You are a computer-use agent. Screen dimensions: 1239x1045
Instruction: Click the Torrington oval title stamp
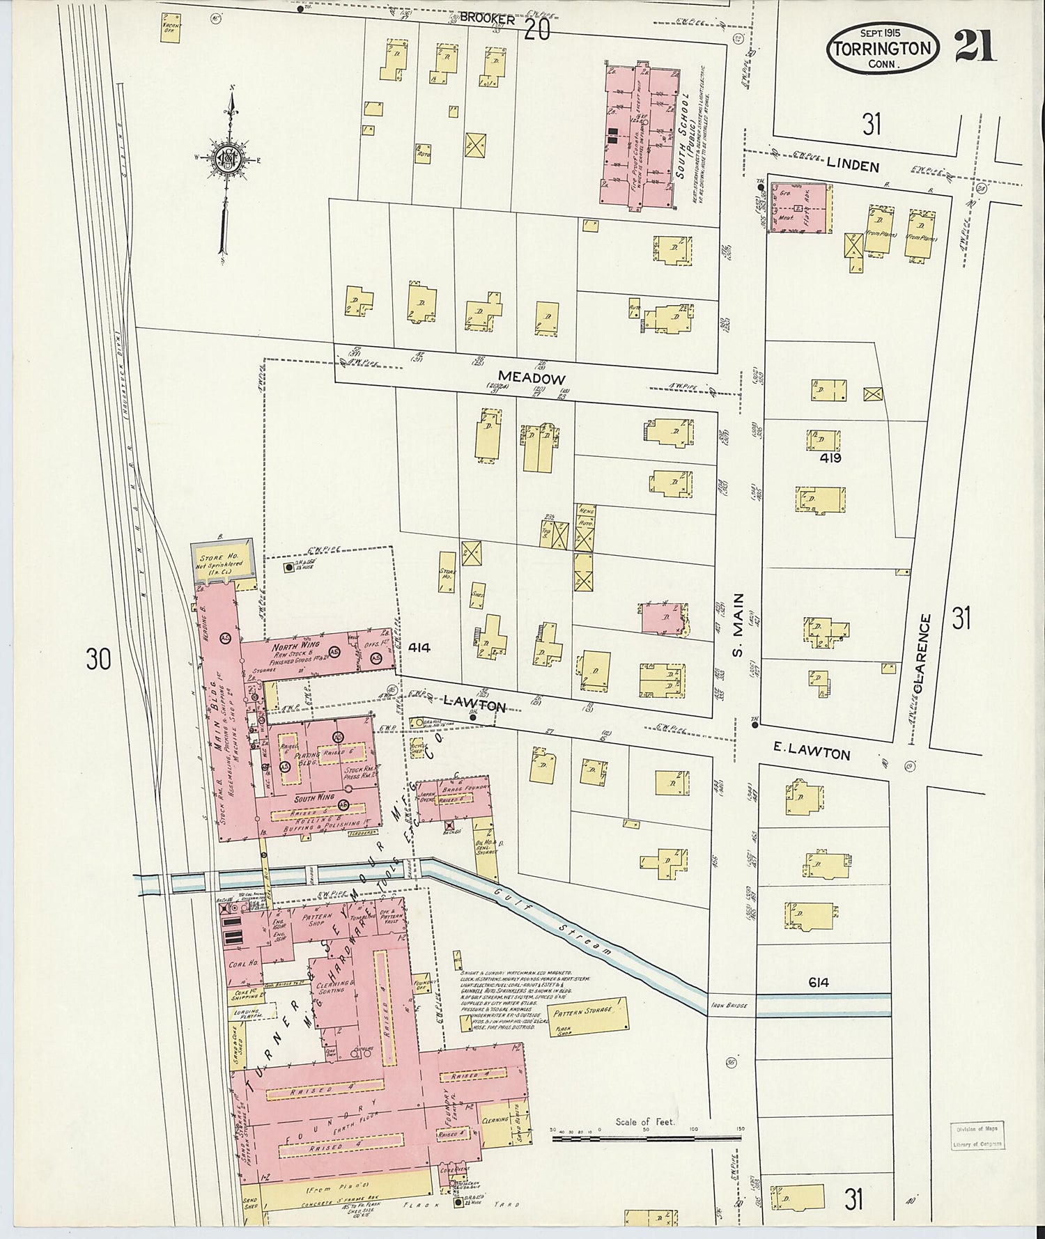(x=882, y=48)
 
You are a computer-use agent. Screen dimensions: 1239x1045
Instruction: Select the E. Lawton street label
(x=812, y=754)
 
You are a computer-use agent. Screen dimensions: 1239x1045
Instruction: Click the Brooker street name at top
(x=486, y=20)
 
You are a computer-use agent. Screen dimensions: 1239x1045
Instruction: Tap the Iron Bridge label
(x=734, y=1005)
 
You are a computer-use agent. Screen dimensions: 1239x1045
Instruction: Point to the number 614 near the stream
(x=819, y=983)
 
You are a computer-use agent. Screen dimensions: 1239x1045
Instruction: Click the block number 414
(x=419, y=648)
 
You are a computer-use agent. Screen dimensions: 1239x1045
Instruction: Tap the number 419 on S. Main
(x=830, y=458)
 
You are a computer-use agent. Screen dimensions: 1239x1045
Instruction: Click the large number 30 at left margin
(x=98, y=658)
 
